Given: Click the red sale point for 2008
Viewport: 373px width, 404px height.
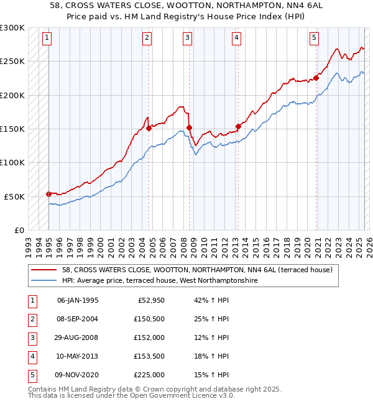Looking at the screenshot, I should pyautogui.click(x=189, y=127).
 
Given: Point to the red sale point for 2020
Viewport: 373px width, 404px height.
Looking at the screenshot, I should pyautogui.click(x=316, y=78).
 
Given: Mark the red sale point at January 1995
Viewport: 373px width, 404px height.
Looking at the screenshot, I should pyautogui.click(x=49, y=194).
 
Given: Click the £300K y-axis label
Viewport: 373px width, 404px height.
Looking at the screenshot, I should pyautogui.click(x=12, y=28).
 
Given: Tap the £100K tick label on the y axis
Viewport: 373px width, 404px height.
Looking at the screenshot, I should pyautogui.click(x=12, y=162).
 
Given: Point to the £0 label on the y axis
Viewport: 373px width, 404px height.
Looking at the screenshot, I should pyautogui.click(x=18, y=230).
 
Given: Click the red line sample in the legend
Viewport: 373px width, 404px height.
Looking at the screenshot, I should pyautogui.click(x=45, y=270).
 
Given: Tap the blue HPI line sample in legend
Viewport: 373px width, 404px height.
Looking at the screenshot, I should pyautogui.click(x=45, y=280).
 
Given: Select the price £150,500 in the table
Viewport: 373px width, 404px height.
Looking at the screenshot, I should pyautogui.click(x=149, y=319).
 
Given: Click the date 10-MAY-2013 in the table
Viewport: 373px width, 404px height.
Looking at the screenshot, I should pyautogui.click(x=78, y=356).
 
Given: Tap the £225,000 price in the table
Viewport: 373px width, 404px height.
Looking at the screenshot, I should pyautogui.click(x=149, y=375).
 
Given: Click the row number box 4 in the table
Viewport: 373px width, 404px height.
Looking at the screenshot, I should pyautogui.click(x=32, y=356).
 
